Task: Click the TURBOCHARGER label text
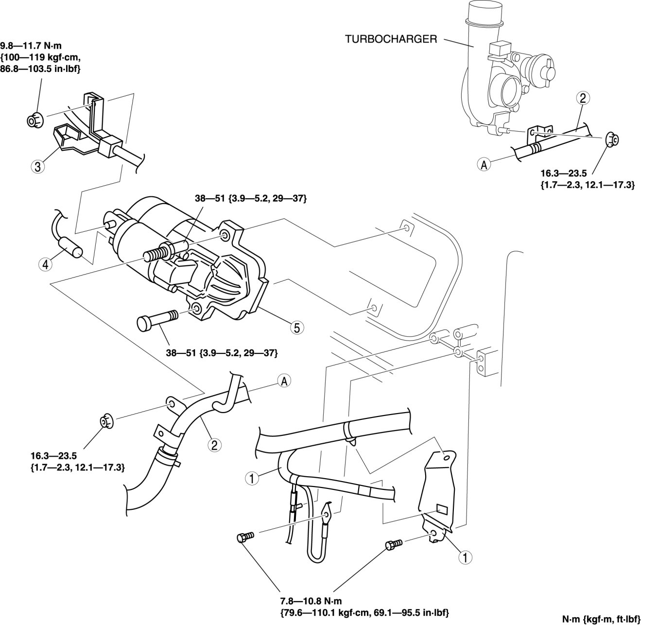tap(391, 39)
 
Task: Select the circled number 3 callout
tap(38, 167)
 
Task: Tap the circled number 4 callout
tap(45, 264)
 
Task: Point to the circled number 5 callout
tap(297, 327)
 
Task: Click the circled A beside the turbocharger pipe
tap(484, 165)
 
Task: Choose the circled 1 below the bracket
tap(465, 557)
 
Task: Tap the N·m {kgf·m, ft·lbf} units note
tap(602, 619)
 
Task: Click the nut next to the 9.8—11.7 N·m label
tap(35, 119)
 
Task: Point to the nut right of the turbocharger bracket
tap(612, 139)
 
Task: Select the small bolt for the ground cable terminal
tap(245, 537)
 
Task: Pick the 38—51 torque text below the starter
tap(221, 353)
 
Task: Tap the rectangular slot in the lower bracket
tap(443, 509)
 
